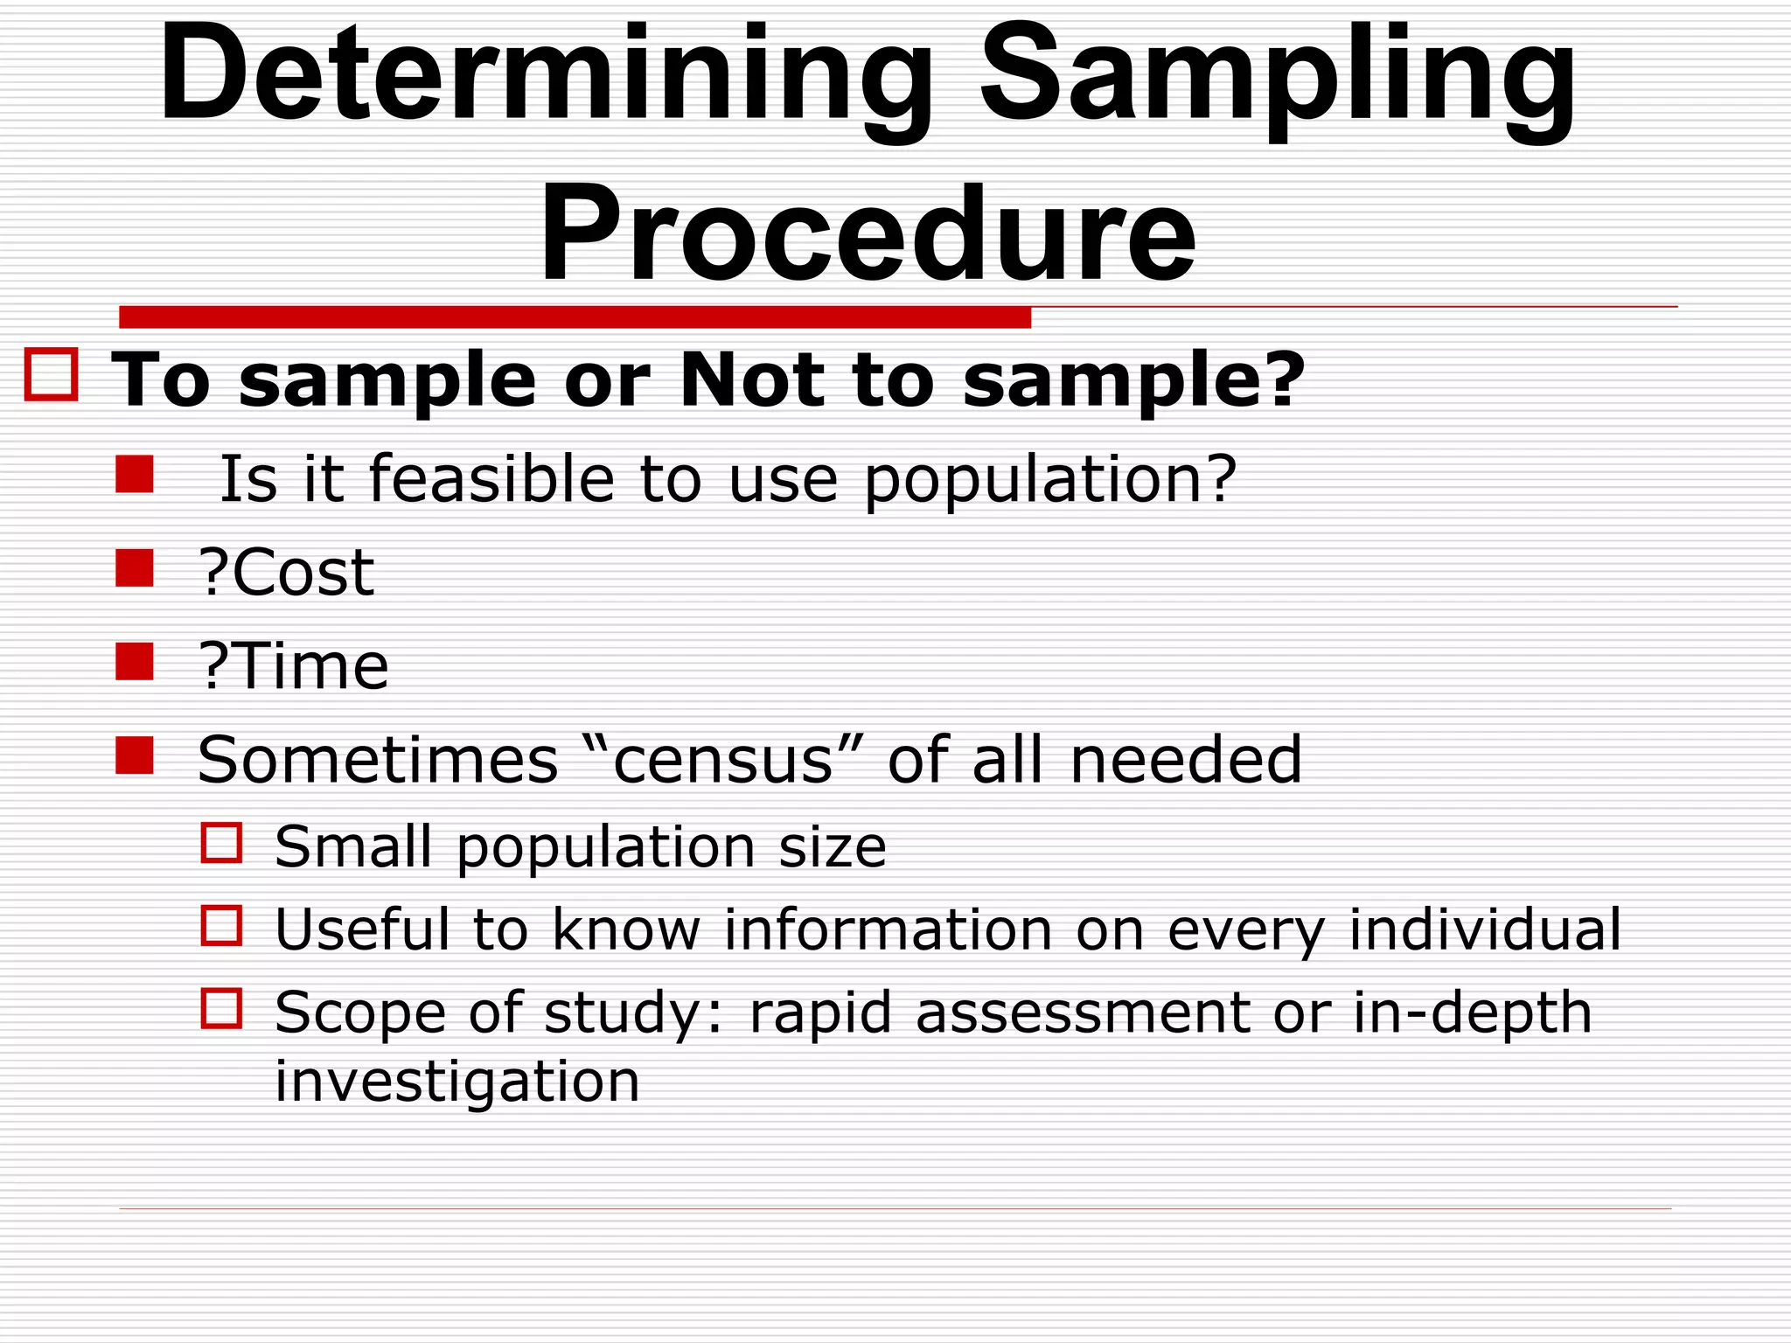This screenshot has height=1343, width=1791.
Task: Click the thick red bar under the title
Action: point(575,317)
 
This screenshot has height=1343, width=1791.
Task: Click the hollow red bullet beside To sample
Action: point(52,375)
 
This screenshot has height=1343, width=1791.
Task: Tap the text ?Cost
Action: point(287,573)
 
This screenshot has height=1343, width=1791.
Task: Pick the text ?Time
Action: point(294,666)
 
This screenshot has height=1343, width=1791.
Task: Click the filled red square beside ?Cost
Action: point(135,568)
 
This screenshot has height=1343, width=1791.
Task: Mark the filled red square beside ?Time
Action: point(135,662)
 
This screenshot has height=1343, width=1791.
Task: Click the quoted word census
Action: point(723,760)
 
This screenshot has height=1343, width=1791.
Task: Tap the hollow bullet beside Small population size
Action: point(221,843)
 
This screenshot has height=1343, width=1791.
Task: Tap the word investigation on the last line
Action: point(457,1082)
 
